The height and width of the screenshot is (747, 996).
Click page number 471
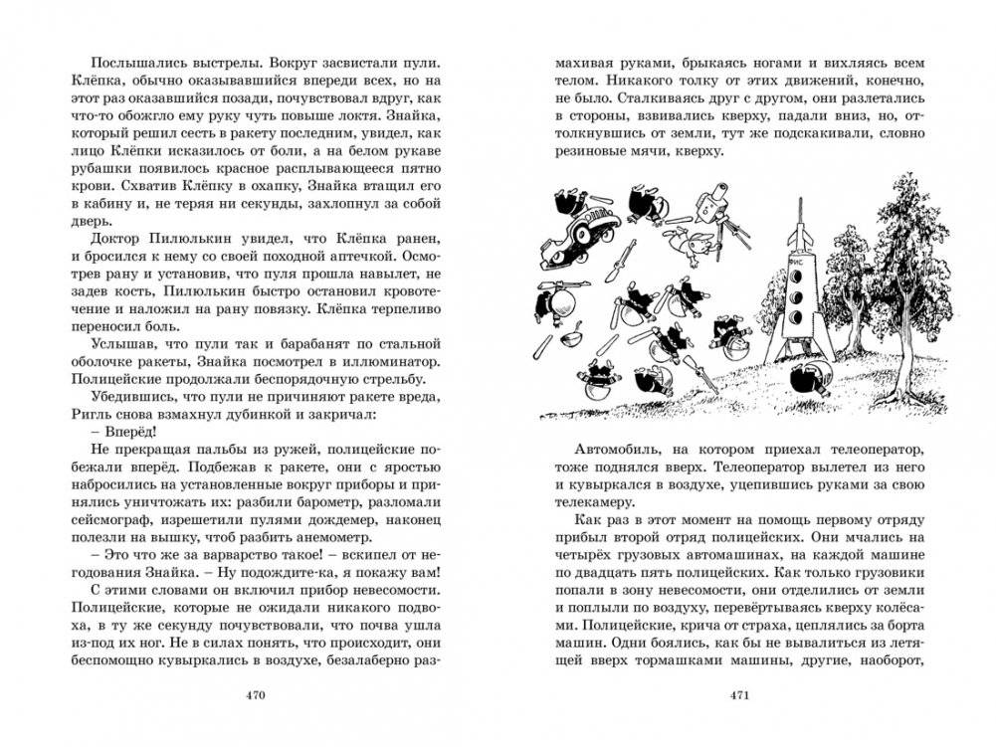(741, 694)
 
